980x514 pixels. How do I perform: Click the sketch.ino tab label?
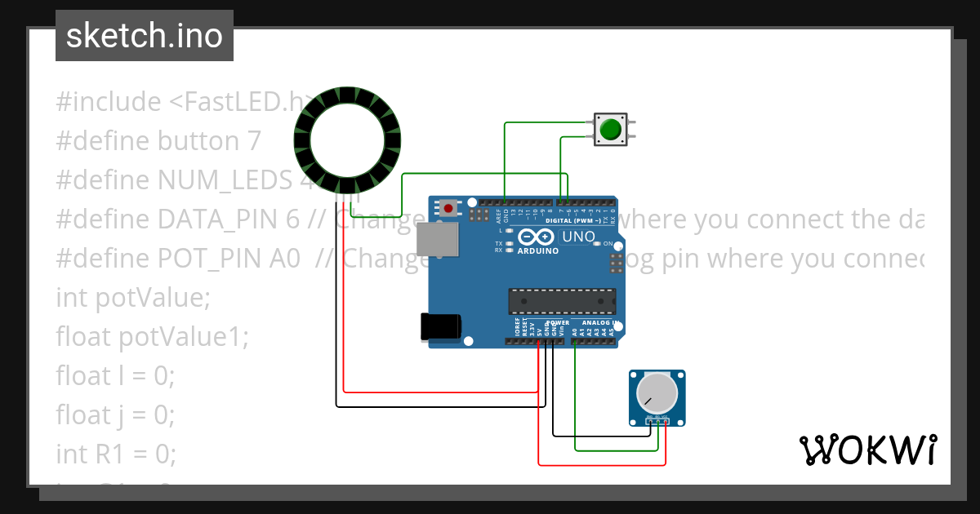click(x=145, y=36)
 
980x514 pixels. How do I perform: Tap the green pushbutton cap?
click(x=610, y=130)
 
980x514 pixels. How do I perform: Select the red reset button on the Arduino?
click(x=448, y=208)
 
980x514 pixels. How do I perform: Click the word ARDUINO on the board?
click(x=538, y=251)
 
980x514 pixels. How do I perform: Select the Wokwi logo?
click(x=867, y=450)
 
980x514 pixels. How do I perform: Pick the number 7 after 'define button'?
click(x=254, y=141)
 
